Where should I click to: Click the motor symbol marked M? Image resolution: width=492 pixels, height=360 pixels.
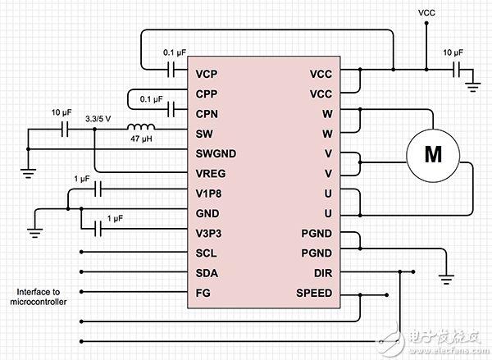432,153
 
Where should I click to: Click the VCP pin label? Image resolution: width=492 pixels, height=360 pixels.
207,74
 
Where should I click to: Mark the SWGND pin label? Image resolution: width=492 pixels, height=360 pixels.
215,153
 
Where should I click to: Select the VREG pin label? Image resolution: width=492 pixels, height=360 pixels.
211,173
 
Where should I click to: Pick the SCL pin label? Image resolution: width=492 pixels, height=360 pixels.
207,253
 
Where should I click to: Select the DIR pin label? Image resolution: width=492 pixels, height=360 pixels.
321,273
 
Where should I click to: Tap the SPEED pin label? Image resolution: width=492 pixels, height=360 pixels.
314,293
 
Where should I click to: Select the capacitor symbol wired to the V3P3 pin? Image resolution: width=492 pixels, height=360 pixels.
98,232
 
